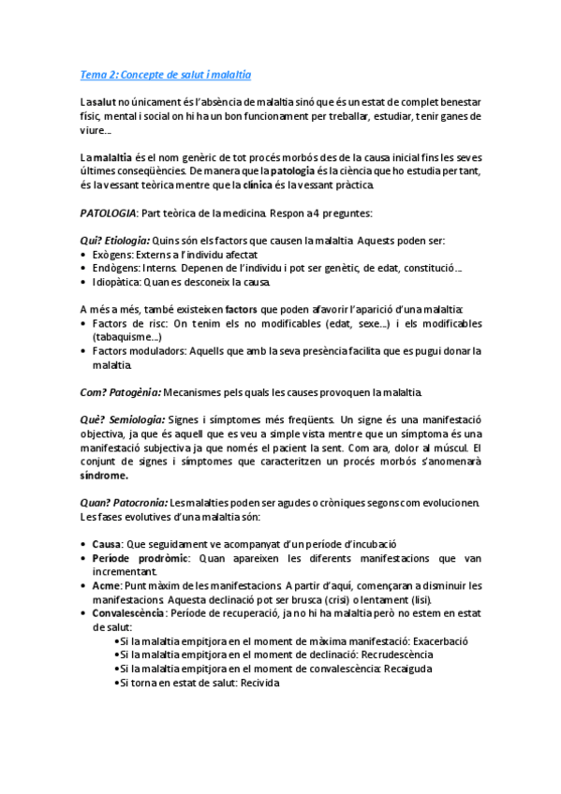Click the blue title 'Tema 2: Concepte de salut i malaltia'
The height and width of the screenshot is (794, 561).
click(166, 74)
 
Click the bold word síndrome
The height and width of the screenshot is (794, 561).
click(104, 475)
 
